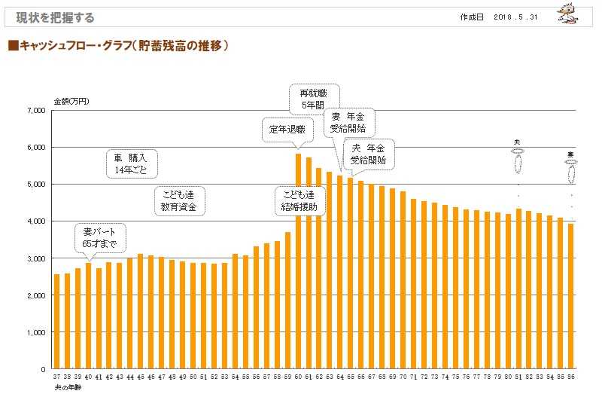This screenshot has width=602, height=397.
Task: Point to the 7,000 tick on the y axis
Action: coord(36,111)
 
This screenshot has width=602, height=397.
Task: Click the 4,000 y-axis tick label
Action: coord(36,221)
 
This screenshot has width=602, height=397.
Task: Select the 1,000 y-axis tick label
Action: coord(36,332)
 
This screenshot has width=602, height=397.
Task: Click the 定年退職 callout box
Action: coord(284,129)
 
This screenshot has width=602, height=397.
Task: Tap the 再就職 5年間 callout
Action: coord(313,99)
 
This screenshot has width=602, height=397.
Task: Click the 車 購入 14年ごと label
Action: coord(135,163)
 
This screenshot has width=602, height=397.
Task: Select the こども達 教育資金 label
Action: coord(180,199)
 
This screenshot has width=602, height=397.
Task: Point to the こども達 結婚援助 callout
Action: coord(299,200)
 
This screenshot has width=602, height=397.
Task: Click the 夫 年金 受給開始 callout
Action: coord(369,154)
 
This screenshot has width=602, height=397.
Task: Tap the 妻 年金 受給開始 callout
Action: coord(349,121)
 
